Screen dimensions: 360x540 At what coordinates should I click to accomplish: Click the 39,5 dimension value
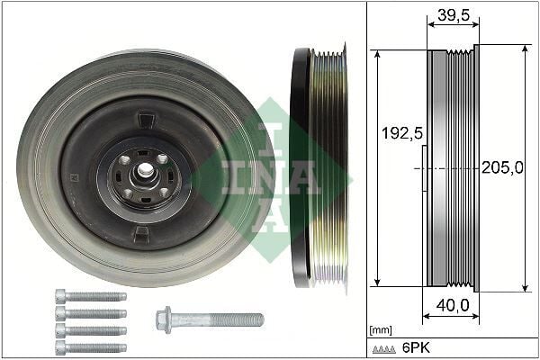(451, 14)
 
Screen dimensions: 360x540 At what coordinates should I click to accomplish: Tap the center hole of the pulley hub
(144, 170)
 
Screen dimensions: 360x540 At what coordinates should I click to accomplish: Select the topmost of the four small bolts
(90, 296)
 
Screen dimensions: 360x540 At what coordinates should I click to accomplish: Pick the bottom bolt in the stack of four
(90, 346)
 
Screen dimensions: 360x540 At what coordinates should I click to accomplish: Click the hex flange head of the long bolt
(166, 318)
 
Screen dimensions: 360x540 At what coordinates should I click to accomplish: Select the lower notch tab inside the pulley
(142, 234)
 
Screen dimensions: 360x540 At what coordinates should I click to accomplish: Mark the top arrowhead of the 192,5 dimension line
(379, 52)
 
